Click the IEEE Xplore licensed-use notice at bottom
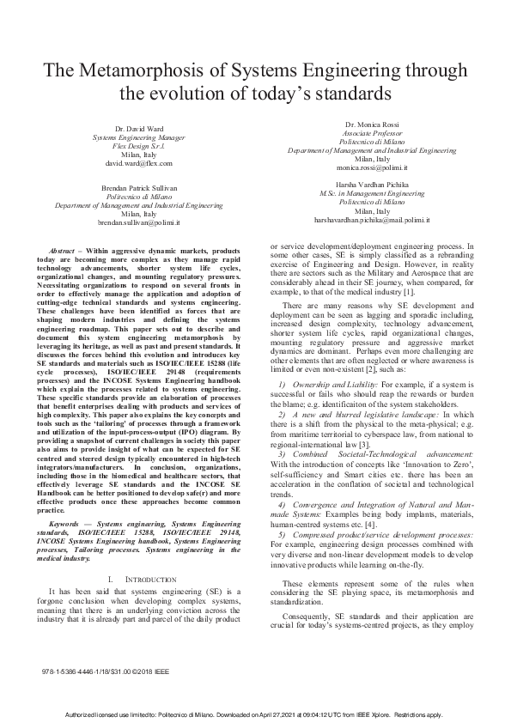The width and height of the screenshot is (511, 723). (255, 714)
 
